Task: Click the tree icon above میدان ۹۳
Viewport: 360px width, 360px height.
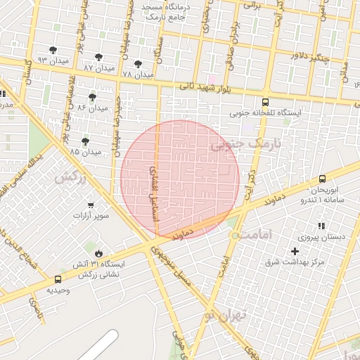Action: click(x=53, y=50)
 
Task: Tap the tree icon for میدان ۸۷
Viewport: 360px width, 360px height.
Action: click(x=98, y=57)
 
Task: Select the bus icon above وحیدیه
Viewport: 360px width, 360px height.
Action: click(x=58, y=279)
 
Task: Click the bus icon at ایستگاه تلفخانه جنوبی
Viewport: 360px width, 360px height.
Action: click(x=265, y=102)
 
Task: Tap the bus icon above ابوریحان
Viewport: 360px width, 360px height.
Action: click(x=322, y=179)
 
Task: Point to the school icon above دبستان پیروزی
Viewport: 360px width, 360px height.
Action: click(x=321, y=226)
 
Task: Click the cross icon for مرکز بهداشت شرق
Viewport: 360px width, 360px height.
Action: click(x=295, y=251)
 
